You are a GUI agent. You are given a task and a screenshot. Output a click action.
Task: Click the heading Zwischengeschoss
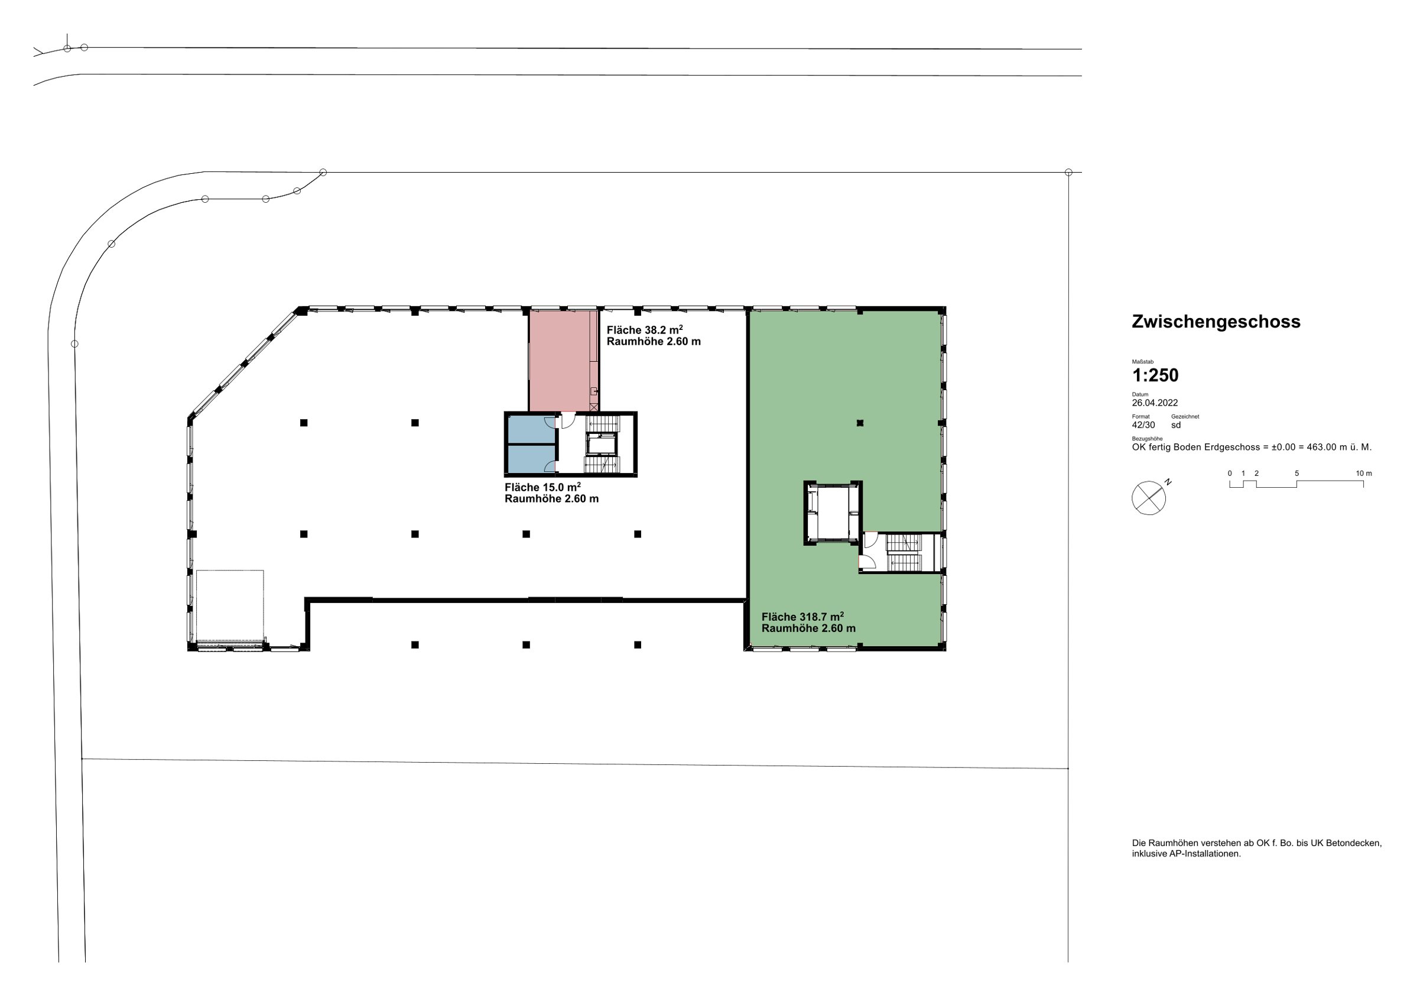pyautogui.click(x=1216, y=322)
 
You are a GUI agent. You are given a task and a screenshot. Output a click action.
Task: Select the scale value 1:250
pyautogui.click(x=1155, y=375)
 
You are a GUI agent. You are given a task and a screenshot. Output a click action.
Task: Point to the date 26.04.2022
pyautogui.click(x=1155, y=403)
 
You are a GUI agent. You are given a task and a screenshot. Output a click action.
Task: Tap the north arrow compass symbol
pyautogui.click(x=1149, y=498)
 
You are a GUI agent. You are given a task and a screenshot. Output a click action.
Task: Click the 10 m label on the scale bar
pyautogui.click(x=1364, y=474)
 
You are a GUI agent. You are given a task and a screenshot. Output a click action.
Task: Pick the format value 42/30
pyautogui.click(x=1143, y=425)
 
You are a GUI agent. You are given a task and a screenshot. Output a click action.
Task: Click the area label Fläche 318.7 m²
pyautogui.click(x=802, y=617)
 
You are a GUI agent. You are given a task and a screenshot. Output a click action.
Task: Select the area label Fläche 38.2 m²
pyautogui.click(x=645, y=330)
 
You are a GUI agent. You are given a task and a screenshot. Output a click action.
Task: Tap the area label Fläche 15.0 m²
pyautogui.click(x=543, y=487)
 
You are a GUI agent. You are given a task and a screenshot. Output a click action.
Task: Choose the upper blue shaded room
pyautogui.click(x=531, y=430)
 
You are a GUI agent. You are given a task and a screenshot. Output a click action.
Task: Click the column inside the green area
pyautogui.click(x=860, y=422)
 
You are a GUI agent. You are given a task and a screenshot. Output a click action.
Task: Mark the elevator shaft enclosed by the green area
pyautogui.click(x=833, y=513)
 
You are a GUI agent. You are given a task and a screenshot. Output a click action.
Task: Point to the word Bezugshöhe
pyautogui.click(x=1147, y=439)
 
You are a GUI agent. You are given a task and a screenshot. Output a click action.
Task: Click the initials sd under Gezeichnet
pyautogui.click(x=1176, y=425)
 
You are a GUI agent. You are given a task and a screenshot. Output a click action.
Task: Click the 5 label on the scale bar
pyautogui.click(x=1296, y=474)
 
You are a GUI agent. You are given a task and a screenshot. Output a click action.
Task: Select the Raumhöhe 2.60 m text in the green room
pyautogui.click(x=809, y=628)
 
